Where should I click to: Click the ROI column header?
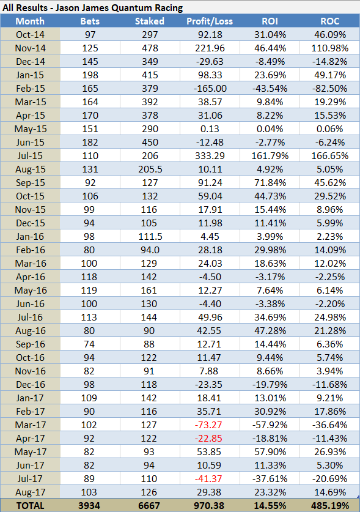click(x=270, y=21)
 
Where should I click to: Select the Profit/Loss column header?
click(x=210, y=21)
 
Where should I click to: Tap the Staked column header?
click(x=150, y=21)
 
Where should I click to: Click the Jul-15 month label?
click(x=30, y=156)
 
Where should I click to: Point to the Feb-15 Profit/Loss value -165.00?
click(x=210, y=89)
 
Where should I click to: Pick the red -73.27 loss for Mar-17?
click(x=208, y=425)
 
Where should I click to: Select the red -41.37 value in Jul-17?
click(x=208, y=479)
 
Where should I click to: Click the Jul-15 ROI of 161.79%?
click(x=270, y=156)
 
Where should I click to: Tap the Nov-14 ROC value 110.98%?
click(x=330, y=48)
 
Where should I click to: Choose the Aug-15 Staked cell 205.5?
click(x=150, y=169)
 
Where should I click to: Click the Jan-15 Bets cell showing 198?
click(x=90, y=75)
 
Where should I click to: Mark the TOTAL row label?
click(x=30, y=506)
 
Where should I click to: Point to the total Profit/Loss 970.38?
click(x=209, y=506)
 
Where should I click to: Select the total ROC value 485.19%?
click(x=330, y=506)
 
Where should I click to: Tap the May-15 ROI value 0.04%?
click(x=270, y=129)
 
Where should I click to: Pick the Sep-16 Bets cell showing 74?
click(x=89, y=344)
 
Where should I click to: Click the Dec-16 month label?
click(x=30, y=384)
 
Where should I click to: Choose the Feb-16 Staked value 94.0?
click(x=150, y=250)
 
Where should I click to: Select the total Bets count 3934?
click(x=89, y=506)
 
